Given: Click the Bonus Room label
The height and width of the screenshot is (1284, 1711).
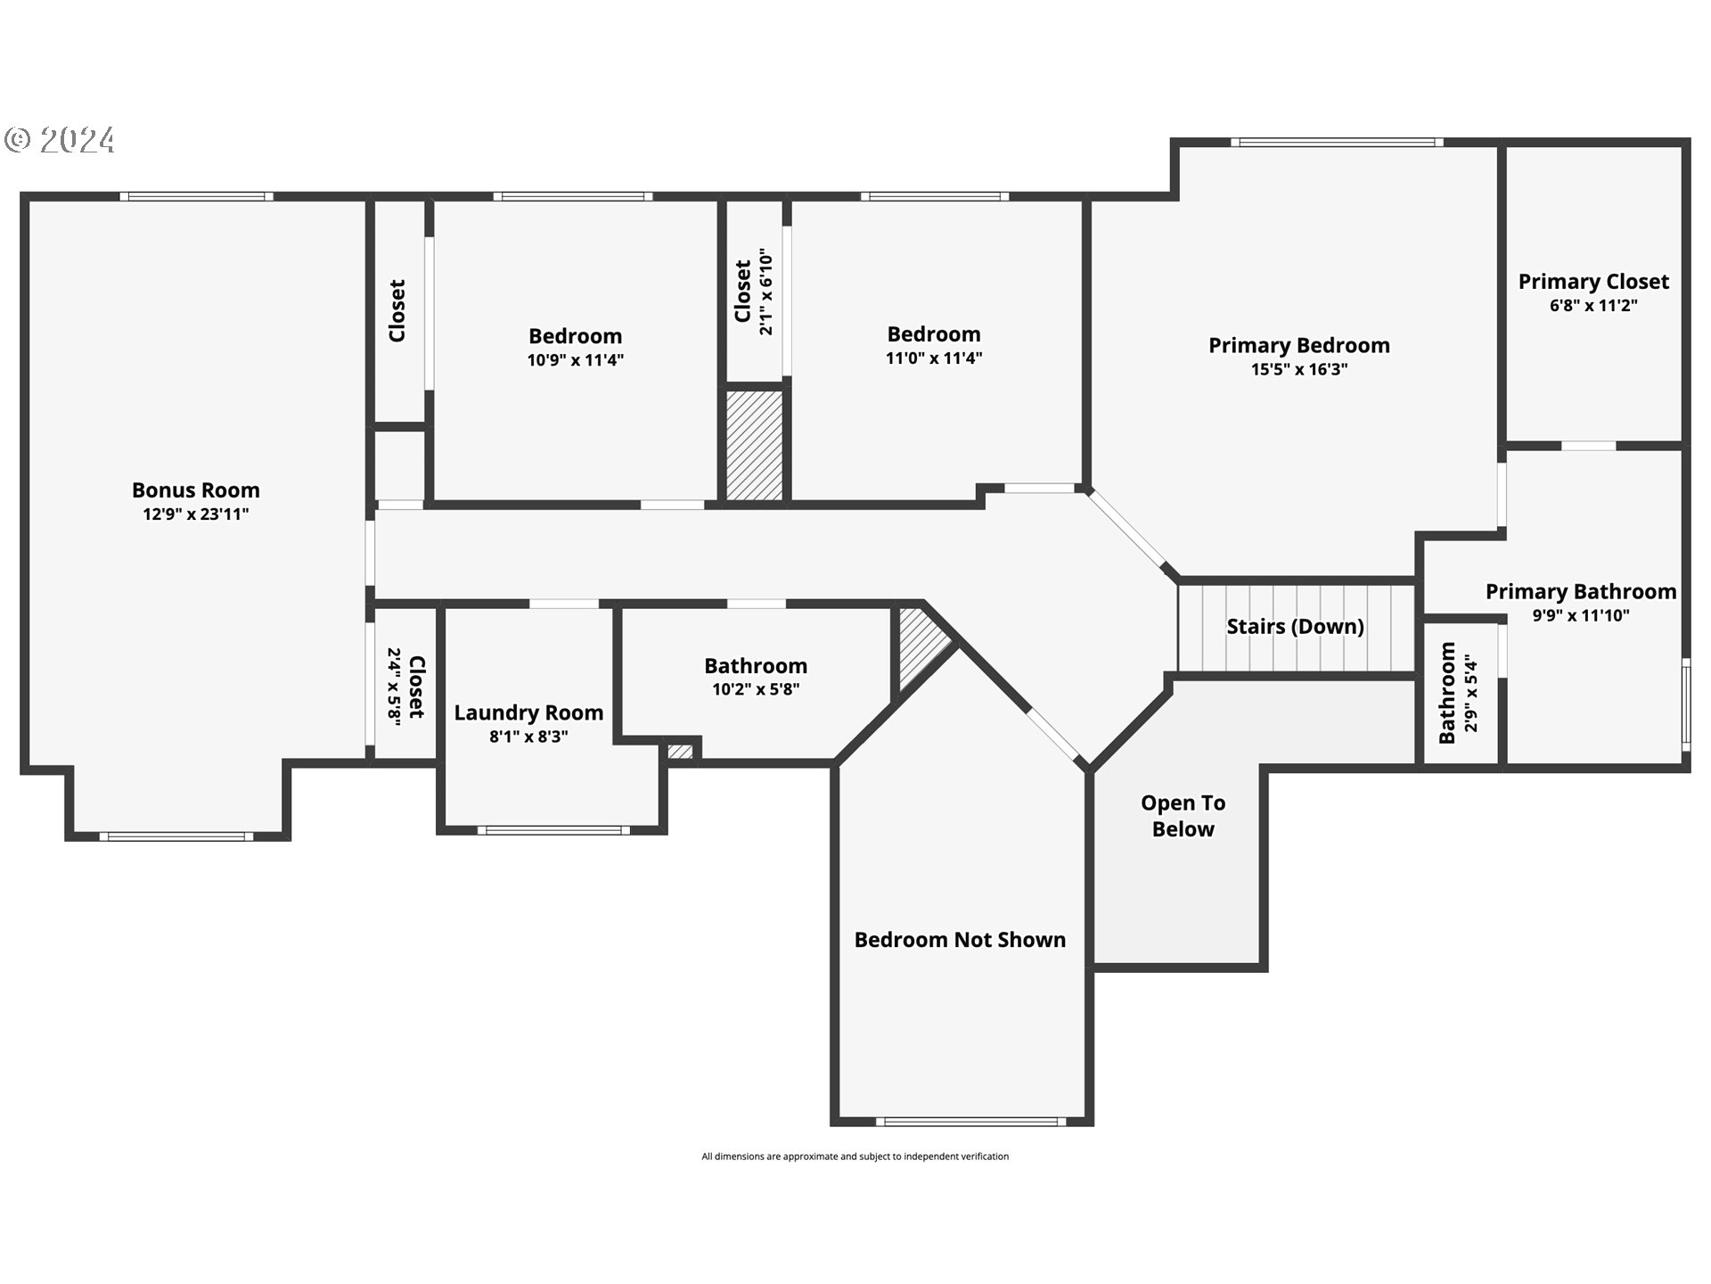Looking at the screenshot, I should (x=196, y=490).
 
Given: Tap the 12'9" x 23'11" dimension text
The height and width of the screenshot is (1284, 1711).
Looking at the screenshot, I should (x=196, y=514).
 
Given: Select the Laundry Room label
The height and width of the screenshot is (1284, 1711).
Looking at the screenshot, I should (x=528, y=712).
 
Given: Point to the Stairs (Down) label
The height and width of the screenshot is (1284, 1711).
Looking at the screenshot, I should (x=1295, y=626).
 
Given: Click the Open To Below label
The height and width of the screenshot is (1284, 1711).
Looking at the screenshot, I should (x=1183, y=816).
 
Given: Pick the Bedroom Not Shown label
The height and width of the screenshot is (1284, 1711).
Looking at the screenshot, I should (x=960, y=939).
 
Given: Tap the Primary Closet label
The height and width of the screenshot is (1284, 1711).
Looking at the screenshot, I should (x=1593, y=281).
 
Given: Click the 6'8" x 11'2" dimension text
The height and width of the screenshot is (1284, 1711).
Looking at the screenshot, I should (x=1593, y=305).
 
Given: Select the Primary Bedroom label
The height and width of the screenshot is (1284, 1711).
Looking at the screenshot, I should (x=1298, y=345).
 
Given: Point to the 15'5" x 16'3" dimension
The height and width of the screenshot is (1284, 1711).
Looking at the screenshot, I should (x=1298, y=369).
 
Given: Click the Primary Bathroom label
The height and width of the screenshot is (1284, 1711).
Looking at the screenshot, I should (x=1580, y=591).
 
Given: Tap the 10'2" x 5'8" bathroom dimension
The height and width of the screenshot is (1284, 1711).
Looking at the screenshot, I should (x=756, y=689).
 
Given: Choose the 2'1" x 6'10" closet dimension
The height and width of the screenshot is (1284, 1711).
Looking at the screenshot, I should (x=765, y=292).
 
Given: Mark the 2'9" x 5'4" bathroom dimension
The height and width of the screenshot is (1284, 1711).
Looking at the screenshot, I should (x=1470, y=694).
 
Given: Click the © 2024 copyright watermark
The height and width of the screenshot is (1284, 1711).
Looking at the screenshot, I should (x=61, y=140).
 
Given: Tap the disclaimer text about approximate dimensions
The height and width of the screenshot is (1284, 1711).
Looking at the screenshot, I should (x=855, y=1156).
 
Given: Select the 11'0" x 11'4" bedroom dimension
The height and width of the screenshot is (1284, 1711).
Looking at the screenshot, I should (x=934, y=358).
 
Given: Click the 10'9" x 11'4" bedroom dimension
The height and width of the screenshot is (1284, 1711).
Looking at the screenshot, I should (x=575, y=360).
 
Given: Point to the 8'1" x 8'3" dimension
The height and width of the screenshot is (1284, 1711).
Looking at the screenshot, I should (x=528, y=737).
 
